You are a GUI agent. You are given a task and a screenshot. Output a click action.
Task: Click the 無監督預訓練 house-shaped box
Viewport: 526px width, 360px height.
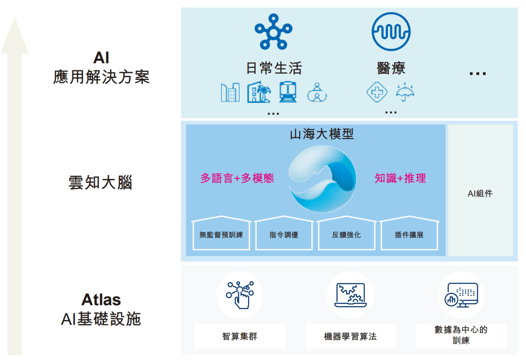(x=221, y=234)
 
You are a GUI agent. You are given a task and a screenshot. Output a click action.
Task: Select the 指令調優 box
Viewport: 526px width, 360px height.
(x=284, y=234)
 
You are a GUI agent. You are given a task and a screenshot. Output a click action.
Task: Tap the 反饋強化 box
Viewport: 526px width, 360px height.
(x=346, y=234)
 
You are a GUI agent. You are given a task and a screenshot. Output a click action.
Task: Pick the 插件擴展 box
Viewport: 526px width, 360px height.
(x=409, y=234)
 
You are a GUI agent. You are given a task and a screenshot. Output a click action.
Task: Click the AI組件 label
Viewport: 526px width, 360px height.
(x=480, y=193)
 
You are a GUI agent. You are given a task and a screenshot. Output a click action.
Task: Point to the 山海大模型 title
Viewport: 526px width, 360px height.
(x=322, y=134)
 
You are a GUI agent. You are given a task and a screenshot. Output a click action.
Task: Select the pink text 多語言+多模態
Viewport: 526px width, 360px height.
(x=237, y=178)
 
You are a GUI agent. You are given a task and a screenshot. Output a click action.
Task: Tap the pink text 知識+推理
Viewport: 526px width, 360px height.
(x=400, y=178)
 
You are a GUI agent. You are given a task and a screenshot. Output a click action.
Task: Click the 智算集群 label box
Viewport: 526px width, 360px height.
(x=239, y=336)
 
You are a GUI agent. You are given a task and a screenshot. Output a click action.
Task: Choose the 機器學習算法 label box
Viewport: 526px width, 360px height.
(x=350, y=336)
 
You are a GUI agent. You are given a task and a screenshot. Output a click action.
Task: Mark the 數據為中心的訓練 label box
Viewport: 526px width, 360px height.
(x=461, y=335)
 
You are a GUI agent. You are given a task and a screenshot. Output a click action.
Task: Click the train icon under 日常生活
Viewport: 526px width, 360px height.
(x=288, y=92)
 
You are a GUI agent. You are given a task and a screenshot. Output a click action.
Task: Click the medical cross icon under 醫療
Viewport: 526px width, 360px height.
(x=377, y=92)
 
